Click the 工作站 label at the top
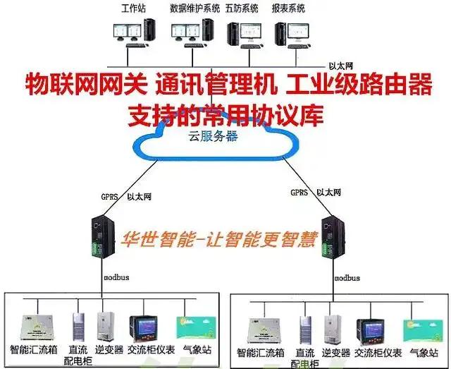tap(134, 8)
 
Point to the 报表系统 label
tap(288, 8)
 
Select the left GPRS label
tap(109, 192)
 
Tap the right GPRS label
tap(299, 192)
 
